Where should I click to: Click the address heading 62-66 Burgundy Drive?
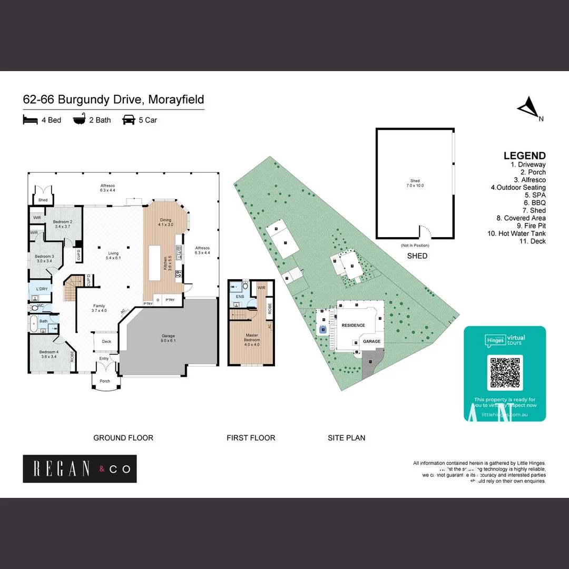(x=113, y=100)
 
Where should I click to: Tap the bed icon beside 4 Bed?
(x=31, y=120)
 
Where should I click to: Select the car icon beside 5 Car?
(x=128, y=120)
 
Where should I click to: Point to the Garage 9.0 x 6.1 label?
(x=168, y=338)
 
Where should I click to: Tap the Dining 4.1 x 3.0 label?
(x=165, y=222)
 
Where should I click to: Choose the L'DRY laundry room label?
(x=42, y=290)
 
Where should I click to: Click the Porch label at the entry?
(x=105, y=381)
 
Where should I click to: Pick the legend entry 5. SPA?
(x=535, y=195)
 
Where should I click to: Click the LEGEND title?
(x=524, y=155)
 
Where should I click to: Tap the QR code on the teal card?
(x=505, y=372)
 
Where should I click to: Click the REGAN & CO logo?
(x=80, y=468)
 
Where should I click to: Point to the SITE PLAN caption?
(x=346, y=438)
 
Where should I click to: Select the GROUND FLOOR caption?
(x=123, y=438)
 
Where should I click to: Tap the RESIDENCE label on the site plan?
(x=353, y=325)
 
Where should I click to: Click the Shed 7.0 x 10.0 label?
(x=415, y=183)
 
